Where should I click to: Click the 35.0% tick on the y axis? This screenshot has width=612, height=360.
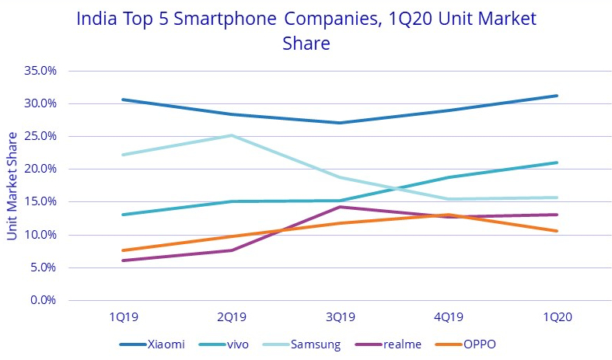(41, 71)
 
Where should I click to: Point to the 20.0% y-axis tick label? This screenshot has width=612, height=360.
(41, 169)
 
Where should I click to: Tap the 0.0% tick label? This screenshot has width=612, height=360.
(44, 300)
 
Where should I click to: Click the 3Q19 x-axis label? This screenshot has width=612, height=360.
(339, 317)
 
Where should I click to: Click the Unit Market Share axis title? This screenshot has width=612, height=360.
(12, 186)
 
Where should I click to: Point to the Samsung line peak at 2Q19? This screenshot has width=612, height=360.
(231, 135)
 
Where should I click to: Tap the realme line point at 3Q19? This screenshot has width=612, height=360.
(339, 207)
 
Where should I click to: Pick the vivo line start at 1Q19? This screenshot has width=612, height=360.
(123, 215)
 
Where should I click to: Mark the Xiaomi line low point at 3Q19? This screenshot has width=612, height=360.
(339, 123)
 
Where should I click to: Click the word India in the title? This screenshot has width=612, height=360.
(96, 19)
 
